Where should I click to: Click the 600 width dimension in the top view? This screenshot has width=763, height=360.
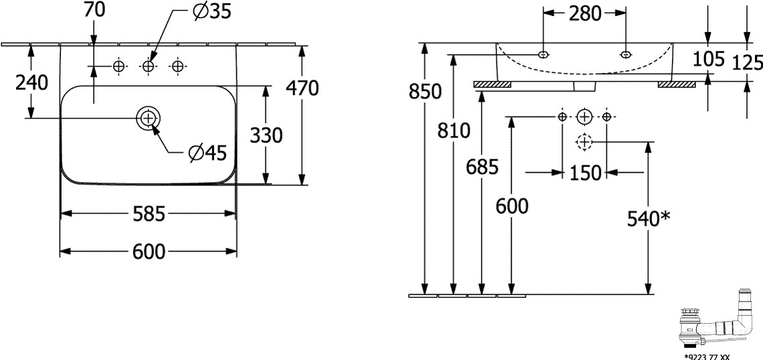pos(149,252)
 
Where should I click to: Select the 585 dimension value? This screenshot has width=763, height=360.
pos(149,213)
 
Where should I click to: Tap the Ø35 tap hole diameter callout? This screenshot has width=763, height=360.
pos(207,13)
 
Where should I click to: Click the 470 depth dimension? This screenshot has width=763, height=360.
pos(302,88)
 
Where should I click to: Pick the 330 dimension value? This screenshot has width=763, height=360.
pos(266,135)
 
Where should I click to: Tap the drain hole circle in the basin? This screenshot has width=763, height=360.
pos(148,118)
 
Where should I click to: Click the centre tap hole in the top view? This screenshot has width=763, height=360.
pos(148,66)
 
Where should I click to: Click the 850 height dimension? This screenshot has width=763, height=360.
pos(425,92)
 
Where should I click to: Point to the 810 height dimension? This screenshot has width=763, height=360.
pos(454,131)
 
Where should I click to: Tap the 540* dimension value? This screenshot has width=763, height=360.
pos(648,218)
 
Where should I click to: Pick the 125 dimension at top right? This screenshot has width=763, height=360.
pos(748,62)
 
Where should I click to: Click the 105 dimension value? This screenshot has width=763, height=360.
pos(709,59)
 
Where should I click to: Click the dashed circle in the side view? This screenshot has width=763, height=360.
pos(584,141)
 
